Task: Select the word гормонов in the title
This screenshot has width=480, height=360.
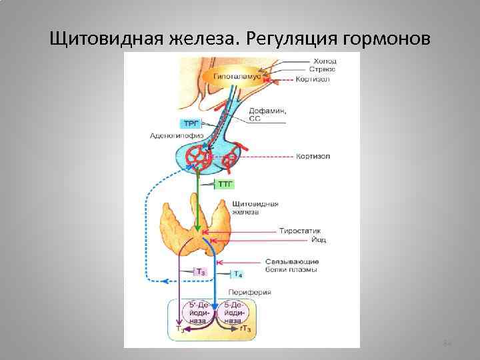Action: click(x=390, y=38)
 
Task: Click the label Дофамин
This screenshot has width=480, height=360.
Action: click(x=267, y=111)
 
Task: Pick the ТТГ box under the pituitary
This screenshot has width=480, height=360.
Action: click(x=226, y=183)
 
